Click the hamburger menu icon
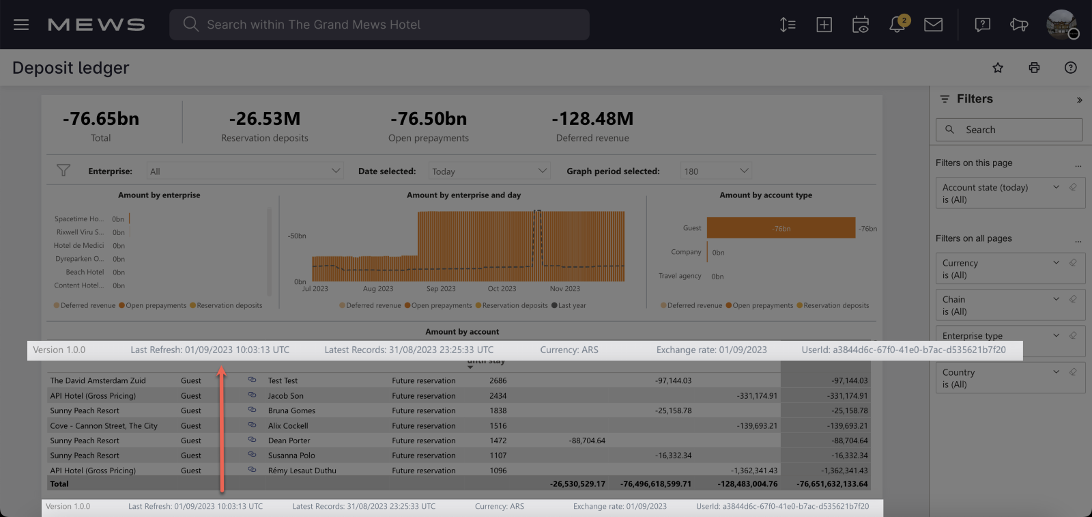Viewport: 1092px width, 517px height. point(21,25)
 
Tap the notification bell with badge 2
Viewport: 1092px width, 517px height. point(897,25)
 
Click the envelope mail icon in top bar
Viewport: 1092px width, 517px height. point(933,25)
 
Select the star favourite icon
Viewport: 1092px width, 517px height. point(998,68)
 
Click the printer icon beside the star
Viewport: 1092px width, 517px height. point(1034,68)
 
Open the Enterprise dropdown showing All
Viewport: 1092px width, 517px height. point(244,171)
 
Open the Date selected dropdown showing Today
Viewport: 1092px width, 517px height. point(489,171)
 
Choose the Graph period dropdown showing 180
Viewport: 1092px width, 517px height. point(716,171)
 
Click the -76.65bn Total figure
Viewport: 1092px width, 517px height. point(101,119)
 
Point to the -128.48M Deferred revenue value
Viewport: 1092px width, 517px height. point(592,119)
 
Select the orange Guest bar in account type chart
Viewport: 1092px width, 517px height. point(781,228)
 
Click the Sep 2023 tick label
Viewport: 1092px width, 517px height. point(441,289)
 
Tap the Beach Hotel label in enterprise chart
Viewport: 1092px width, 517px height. point(85,272)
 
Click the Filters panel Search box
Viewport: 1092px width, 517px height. point(1009,130)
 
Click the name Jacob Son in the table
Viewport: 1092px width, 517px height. point(286,395)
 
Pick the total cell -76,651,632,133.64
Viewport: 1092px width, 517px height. point(832,484)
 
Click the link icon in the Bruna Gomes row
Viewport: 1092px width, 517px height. point(252,410)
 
